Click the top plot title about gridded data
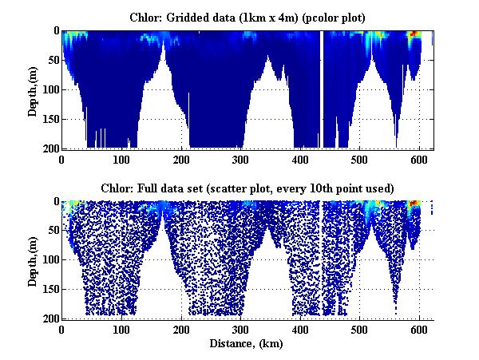[247, 16]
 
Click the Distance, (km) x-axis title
[247, 343]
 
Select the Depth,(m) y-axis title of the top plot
[33, 89]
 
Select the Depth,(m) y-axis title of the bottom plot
[33, 260]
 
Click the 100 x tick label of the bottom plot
[121, 329]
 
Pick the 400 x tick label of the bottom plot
[300, 329]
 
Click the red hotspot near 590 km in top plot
[414, 35]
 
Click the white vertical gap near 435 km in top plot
[321, 88]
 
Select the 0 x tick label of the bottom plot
[62, 329]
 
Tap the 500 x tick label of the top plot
[360, 158]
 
